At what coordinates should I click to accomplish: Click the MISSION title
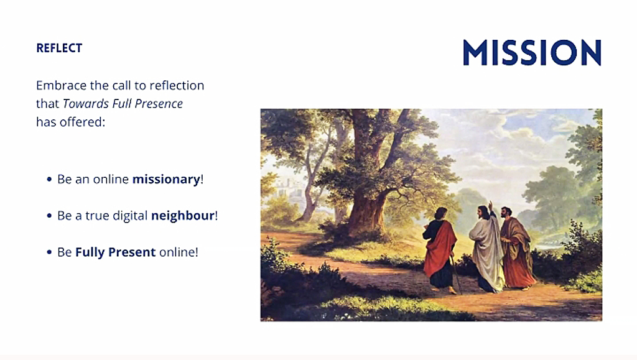[532, 52]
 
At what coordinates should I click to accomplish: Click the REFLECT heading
[59, 48]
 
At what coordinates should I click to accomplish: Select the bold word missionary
[166, 179]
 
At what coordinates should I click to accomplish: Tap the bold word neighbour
[183, 216]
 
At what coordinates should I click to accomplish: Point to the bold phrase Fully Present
[115, 252]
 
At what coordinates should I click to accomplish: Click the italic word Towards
[86, 103]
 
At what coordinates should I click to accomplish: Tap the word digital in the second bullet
[130, 216]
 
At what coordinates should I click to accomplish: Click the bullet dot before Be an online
[49, 179]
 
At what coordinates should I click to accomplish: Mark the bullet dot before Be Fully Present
[49, 252]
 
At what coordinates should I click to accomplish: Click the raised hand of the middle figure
[490, 205]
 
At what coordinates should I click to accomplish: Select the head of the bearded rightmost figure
[506, 212]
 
